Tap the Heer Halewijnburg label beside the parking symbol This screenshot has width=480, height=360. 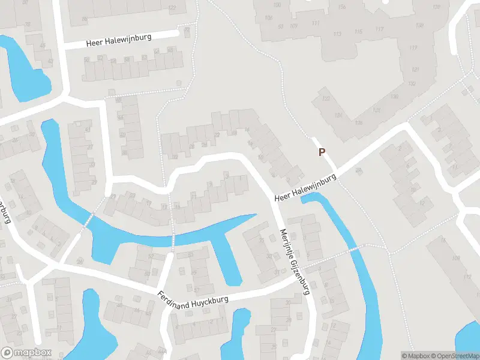(x=305, y=188)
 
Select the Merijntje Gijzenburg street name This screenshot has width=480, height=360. (x=294, y=262)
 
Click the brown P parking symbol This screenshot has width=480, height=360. (x=322, y=152)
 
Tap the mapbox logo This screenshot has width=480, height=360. (x=26, y=353)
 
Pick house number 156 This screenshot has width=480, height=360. (x=342, y=7)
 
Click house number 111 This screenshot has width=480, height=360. (x=316, y=23)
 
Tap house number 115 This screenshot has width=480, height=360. (x=359, y=32)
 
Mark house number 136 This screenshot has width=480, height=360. (x=359, y=123)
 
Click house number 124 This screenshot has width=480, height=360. (x=338, y=115)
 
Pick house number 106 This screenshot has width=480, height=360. (x=268, y=18)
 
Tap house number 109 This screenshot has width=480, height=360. (x=293, y=26)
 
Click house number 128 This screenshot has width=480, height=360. (x=376, y=110)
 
